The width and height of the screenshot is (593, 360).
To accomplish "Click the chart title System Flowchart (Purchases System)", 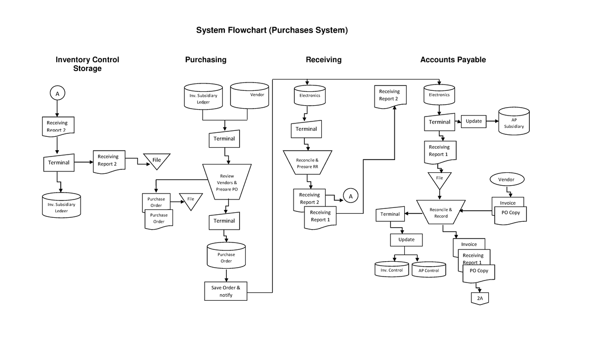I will click(272, 31).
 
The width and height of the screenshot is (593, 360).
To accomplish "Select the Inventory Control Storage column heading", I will click(87, 64).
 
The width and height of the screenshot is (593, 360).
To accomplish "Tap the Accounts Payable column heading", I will click(453, 60).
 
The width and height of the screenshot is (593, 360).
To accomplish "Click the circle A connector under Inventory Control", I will click(57, 93).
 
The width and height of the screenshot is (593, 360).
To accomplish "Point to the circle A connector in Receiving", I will click(350, 196).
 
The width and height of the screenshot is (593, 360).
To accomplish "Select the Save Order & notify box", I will click(226, 291).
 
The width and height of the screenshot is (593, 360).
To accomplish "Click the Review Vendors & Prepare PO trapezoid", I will click(227, 182).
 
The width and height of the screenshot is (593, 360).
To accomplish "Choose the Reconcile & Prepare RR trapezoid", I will click(307, 163).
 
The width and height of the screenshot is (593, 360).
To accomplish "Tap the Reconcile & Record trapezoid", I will click(441, 212).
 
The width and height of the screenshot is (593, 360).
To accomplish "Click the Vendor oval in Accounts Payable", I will click(506, 179).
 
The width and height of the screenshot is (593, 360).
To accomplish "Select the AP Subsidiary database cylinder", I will click(513, 122).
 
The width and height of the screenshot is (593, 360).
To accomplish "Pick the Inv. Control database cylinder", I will click(392, 270).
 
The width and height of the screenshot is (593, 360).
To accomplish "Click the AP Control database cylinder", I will click(428, 270).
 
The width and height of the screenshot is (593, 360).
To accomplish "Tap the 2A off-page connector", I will click(479, 298).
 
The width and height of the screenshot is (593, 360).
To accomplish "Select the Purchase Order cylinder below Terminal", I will click(226, 256).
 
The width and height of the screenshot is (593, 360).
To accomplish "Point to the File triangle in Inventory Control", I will click(157, 160).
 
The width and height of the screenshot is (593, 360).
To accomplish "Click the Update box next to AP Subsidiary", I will click(473, 121).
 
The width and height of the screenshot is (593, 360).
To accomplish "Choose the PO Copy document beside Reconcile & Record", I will click(511, 213).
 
